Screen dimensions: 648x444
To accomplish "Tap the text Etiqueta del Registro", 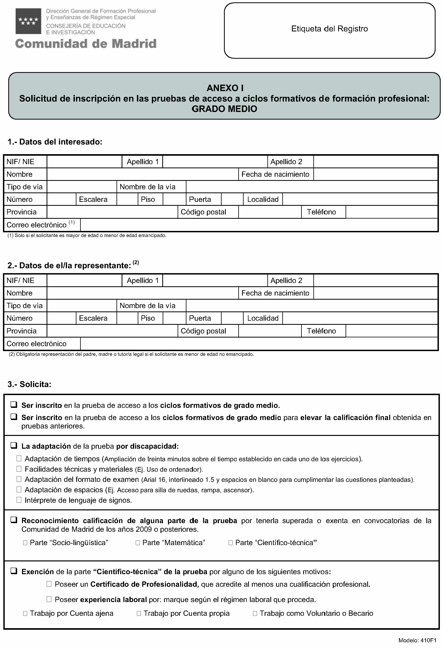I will point(329,29).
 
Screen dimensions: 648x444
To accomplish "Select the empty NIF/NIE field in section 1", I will point(84,162).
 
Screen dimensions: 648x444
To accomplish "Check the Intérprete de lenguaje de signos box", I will point(19,500).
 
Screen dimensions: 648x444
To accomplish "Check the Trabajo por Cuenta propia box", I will point(139,613).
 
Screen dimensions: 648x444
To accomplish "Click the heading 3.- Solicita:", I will point(29,384).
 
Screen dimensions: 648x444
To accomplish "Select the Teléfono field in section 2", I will point(391,331).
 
